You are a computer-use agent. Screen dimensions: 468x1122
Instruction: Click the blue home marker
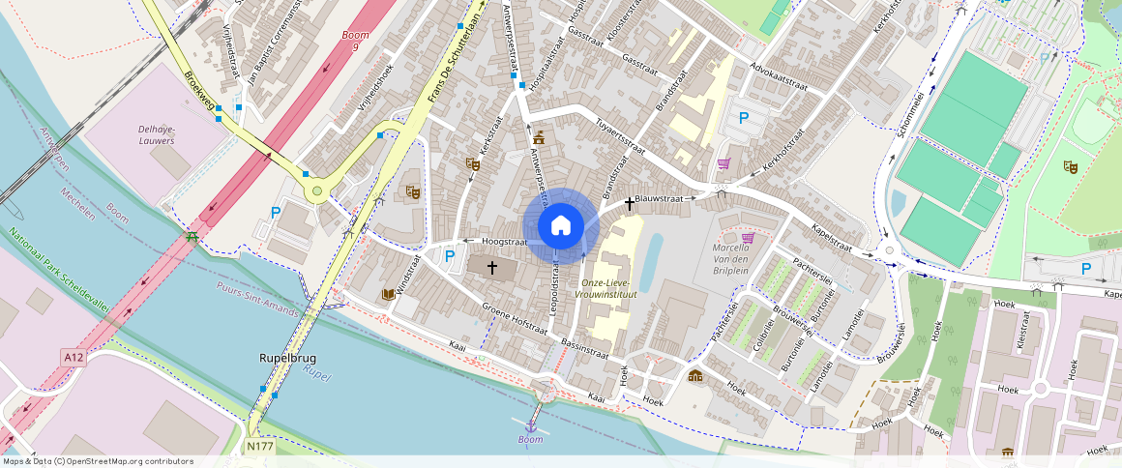tap(561, 226)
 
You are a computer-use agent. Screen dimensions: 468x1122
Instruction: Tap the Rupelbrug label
tap(287, 358)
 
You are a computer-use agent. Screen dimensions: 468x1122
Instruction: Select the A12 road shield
tap(74, 358)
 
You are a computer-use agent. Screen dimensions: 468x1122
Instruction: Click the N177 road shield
tap(258, 447)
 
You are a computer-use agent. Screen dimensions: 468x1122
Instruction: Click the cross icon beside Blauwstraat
tap(630, 203)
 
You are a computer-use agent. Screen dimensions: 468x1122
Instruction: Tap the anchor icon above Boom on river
tap(530, 424)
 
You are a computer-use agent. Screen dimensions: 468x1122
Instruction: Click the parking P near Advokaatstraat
tap(743, 118)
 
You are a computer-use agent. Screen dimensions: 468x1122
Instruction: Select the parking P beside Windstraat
tap(449, 256)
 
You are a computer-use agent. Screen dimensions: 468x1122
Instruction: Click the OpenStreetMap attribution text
tap(97, 461)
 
